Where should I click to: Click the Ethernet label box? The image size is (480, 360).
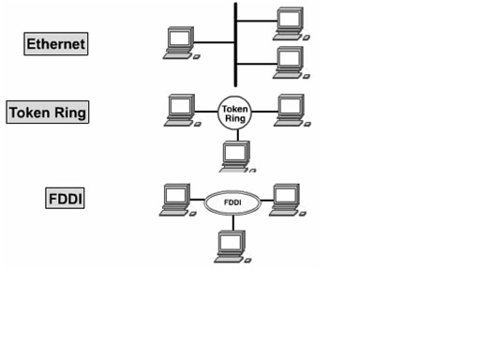click(56, 44)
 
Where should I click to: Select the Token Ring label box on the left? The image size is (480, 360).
click(48, 112)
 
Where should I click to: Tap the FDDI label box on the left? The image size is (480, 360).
click(65, 198)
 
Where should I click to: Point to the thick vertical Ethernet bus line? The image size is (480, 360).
click(235, 45)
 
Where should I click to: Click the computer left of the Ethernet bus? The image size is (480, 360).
click(181, 43)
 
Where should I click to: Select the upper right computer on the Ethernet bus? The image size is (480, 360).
click(291, 24)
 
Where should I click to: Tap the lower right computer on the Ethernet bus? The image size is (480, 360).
click(291, 63)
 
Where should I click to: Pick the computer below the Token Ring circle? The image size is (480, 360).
click(237, 157)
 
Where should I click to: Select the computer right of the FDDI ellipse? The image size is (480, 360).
click(288, 200)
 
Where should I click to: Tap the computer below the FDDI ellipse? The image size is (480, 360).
click(232, 247)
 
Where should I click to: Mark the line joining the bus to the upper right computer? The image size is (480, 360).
click(257, 21)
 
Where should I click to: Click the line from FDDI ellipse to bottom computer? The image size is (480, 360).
click(233, 223)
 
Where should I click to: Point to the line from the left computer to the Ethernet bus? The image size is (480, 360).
click(214, 42)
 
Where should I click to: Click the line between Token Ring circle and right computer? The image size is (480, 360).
click(264, 112)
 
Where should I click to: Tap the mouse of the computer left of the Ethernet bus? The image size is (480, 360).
click(197, 57)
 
